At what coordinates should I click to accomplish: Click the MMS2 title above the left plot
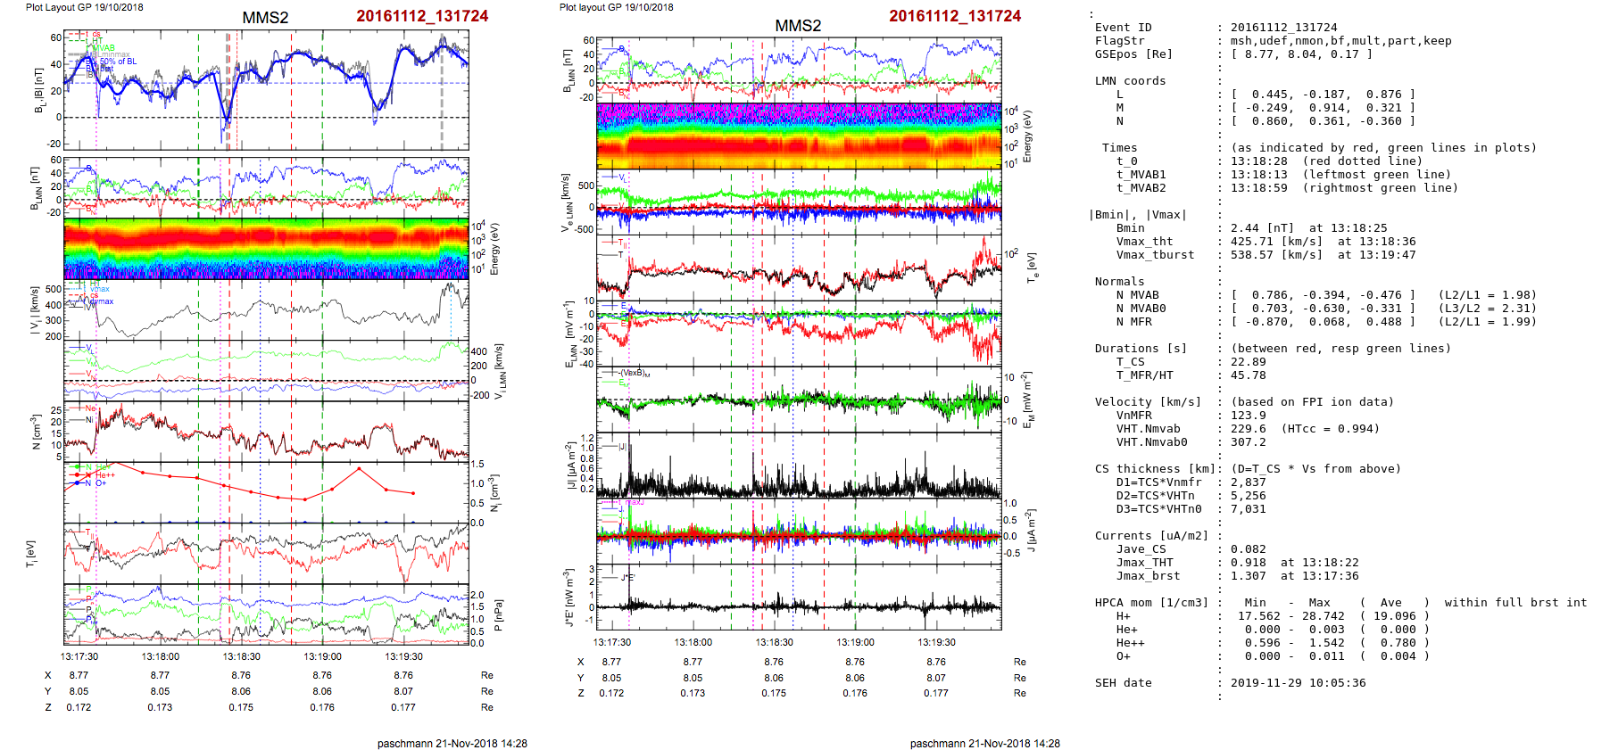265,18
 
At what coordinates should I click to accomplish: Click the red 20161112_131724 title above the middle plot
954,16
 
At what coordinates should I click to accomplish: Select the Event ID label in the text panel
1123,28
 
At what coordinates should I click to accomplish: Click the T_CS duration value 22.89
1249,362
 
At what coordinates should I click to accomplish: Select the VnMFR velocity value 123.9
1249,416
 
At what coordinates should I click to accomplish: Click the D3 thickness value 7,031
1249,509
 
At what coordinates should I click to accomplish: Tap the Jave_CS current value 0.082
1249,549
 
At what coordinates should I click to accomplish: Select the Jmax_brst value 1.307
1249,576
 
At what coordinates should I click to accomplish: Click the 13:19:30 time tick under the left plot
403,656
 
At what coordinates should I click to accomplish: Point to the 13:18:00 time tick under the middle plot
693,642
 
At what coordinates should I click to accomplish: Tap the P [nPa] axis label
498,615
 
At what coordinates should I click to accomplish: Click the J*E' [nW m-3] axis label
567,598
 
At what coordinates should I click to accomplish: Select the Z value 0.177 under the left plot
403,707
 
